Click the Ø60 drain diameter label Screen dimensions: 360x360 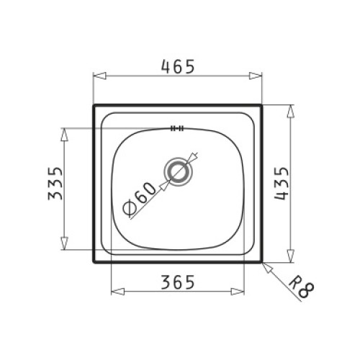(x=139, y=198)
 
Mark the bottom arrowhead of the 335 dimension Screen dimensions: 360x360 (x=66, y=245)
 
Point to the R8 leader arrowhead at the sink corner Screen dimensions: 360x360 (x=265, y=264)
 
